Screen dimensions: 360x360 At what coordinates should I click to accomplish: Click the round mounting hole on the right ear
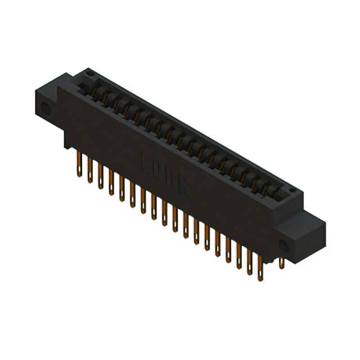coord(283,246)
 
